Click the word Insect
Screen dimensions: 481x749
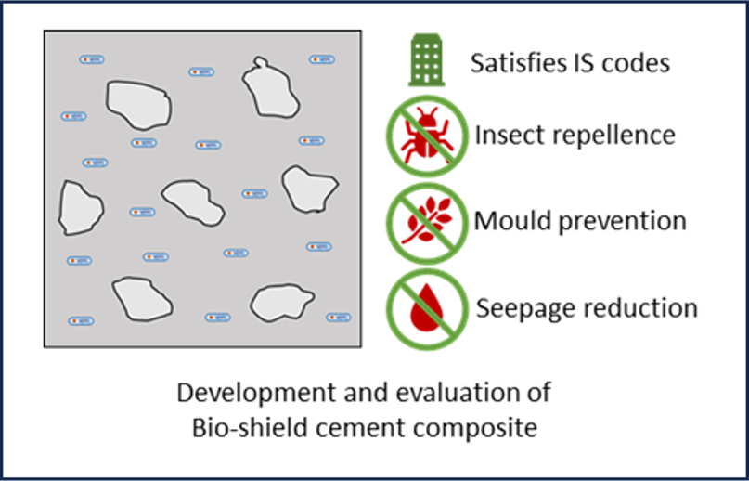pos(507,136)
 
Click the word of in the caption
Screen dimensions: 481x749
pos(538,393)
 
